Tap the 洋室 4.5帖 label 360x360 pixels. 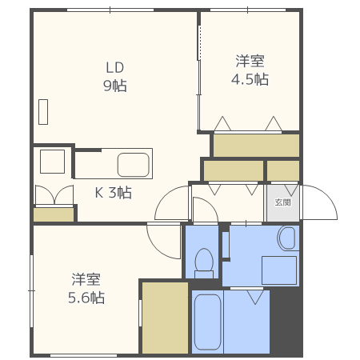point(250,70)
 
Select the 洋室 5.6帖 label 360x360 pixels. point(86,289)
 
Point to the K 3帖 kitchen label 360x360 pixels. point(113,193)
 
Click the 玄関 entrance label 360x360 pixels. point(282,202)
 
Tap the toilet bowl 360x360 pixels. point(204,261)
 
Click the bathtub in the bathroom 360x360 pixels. point(207,322)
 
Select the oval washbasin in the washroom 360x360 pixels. point(286,238)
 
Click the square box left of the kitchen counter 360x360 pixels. point(53,162)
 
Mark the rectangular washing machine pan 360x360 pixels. point(279,270)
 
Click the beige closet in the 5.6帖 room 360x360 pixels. point(163,317)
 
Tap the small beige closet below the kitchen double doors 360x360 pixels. point(53,214)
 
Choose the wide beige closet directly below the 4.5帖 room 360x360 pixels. point(256,145)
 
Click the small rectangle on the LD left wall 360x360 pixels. point(43,111)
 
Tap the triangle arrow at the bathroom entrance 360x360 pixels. point(255,297)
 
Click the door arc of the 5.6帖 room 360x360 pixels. point(164,241)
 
